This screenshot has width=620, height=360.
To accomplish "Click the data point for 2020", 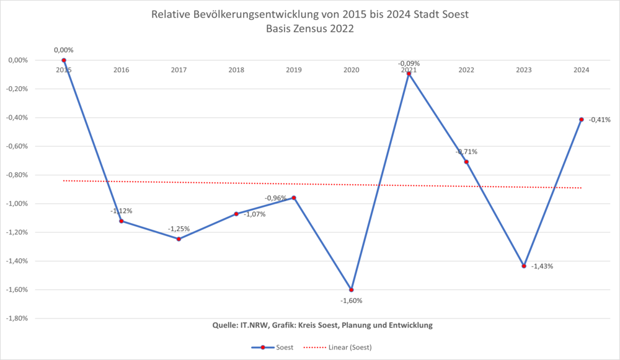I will coord(351,289).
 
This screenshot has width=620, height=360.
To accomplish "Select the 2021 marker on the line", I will coord(409,73).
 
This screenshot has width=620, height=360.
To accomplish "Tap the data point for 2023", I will coord(524,266).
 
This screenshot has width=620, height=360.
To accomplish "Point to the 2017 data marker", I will coord(179,239).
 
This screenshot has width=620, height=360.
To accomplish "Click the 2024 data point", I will coord(582,119).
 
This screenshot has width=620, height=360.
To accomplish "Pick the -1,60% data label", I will coord(351,301).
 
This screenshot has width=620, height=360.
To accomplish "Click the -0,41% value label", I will coord(600,120).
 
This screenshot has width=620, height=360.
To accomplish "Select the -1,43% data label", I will coord(542,266).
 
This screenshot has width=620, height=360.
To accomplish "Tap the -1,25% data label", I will coord(179,227).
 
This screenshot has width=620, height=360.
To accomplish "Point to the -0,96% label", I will coord(276,198).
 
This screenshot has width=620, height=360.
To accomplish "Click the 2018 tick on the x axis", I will coord(236,70).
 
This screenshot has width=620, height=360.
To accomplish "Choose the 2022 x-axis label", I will coord(466,70).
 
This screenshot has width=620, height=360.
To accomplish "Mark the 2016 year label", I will coord(122,70).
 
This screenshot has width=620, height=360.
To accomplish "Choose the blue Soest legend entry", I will coord(273,347).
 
